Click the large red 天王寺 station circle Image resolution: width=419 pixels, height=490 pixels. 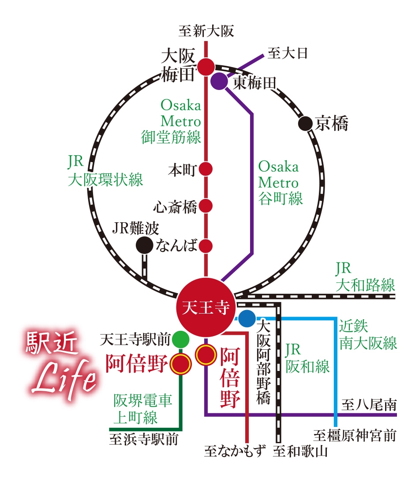click(205, 307)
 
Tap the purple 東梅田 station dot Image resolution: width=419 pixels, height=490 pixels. click(219, 81)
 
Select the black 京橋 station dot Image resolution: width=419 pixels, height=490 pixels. click(305, 123)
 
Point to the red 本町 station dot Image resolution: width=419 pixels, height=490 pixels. click(206, 169)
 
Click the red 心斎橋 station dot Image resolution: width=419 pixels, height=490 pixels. click(206, 206)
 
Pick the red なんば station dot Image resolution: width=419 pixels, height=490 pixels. click(206, 246)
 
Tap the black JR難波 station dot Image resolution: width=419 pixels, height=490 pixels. click(144, 245)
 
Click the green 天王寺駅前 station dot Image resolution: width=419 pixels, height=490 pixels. click(180, 339)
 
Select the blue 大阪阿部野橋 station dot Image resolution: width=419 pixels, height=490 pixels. click(247, 318)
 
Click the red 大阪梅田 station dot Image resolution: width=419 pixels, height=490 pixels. click(206, 67)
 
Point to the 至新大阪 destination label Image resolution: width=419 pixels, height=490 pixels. click(206, 31)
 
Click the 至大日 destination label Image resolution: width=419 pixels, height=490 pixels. click(288, 53)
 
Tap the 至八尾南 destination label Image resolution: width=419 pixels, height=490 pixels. click(369, 405)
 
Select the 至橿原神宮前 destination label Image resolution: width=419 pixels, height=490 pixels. click(355, 436)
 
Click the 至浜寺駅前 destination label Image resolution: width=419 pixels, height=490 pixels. click(144, 439)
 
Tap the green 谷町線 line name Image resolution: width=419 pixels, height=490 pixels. click(281, 198)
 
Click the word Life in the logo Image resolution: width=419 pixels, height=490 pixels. click(64, 379)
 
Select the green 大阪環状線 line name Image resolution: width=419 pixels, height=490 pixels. click(105, 180)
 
